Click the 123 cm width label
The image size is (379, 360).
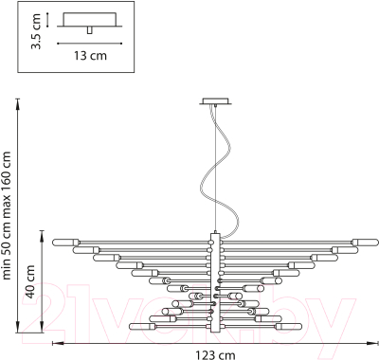coord(215,355)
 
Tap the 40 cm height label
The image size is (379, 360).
coord(30,281)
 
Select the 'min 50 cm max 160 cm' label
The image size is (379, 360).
coord(7,216)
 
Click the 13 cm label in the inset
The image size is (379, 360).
coord(90,56)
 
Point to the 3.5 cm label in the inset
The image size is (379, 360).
coord(36,31)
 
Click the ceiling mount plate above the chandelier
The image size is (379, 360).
coord(215,101)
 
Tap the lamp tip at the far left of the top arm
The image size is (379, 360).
coord(54,243)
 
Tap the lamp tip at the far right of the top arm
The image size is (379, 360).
coord(376,243)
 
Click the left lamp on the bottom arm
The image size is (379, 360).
coord(142,326)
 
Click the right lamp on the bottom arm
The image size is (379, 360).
coord(289,326)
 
